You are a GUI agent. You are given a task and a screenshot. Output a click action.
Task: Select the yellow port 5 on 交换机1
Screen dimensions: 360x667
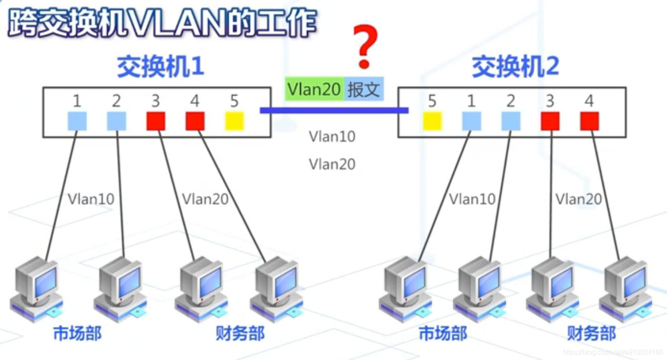[234, 121]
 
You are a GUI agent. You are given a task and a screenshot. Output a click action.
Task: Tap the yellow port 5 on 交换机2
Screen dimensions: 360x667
[432, 121]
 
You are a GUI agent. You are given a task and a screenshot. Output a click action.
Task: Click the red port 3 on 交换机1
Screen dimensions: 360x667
[156, 121]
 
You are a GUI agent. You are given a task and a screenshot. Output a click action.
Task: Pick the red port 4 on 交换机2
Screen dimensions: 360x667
[589, 121]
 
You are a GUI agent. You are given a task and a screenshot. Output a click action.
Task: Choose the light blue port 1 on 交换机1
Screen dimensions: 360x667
[77, 121]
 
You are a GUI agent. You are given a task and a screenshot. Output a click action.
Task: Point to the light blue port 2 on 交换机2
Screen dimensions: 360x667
[511, 121]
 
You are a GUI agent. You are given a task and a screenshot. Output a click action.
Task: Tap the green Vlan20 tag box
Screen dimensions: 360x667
[314, 89]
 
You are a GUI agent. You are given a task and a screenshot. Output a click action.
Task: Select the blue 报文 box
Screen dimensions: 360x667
[364, 89]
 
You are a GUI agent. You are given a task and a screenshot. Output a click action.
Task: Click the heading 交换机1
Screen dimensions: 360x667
[160, 67]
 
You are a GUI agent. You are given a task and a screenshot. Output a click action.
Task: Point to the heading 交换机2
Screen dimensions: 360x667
[515, 67]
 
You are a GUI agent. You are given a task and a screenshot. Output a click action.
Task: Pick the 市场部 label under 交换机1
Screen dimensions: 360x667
[77, 333]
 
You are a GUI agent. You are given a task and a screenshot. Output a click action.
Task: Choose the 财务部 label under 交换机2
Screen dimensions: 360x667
[591, 333]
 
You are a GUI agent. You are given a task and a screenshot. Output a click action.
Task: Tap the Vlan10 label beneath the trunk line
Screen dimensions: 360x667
[332, 137]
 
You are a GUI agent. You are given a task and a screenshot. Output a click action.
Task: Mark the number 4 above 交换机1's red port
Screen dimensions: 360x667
[195, 101]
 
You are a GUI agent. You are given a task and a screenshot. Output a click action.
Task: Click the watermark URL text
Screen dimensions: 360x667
[613, 352]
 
